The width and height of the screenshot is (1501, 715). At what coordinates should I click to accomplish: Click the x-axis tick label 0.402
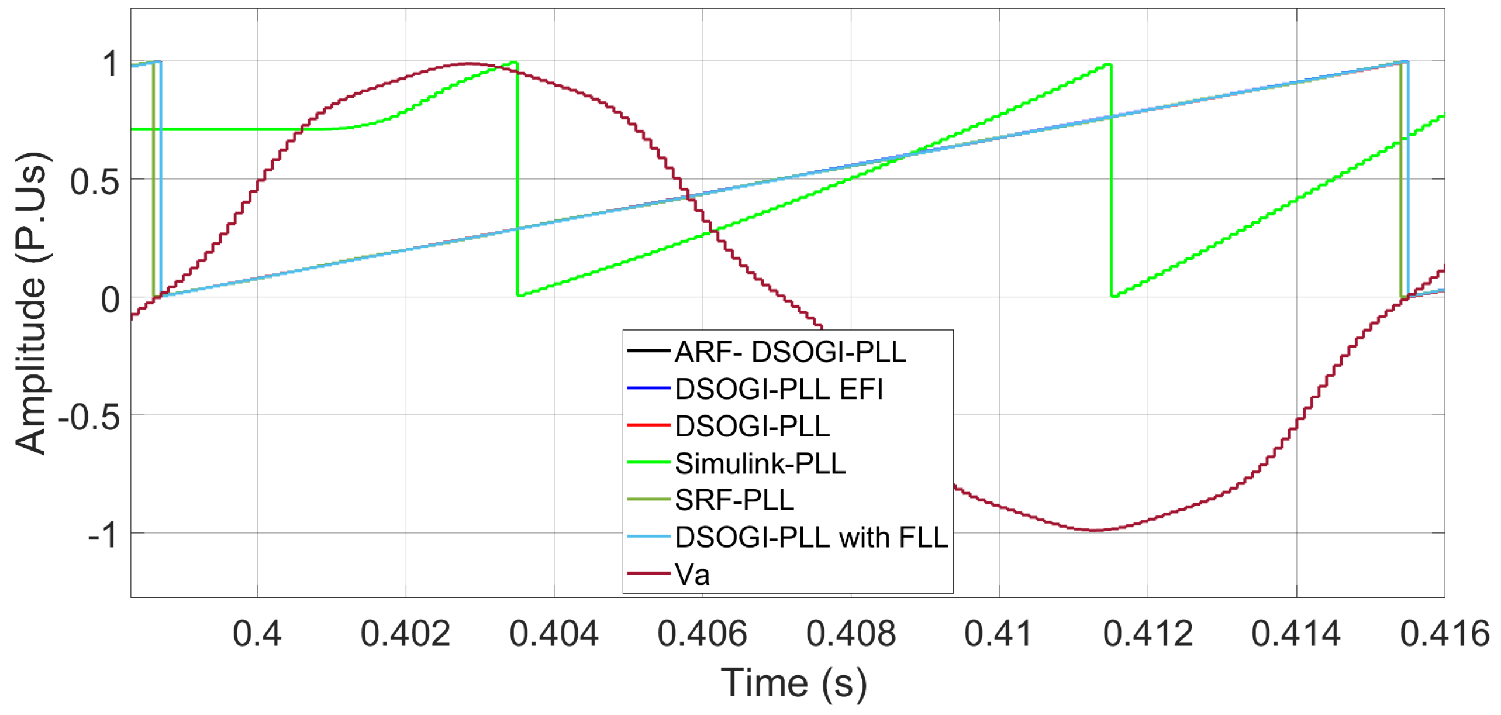tap(405, 634)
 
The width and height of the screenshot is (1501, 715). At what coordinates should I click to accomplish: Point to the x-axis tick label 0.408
tap(851, 634)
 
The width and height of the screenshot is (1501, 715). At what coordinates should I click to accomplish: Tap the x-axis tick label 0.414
tap(1296, 634)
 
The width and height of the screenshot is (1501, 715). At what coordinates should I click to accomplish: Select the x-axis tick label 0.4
tap(257, 634)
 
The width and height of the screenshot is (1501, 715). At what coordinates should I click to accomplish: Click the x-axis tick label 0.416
tap(1444, 634)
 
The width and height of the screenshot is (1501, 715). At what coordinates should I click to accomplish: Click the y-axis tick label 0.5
tap(95, 182)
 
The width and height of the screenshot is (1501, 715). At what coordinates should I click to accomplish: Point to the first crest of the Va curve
tap(468, 63)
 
